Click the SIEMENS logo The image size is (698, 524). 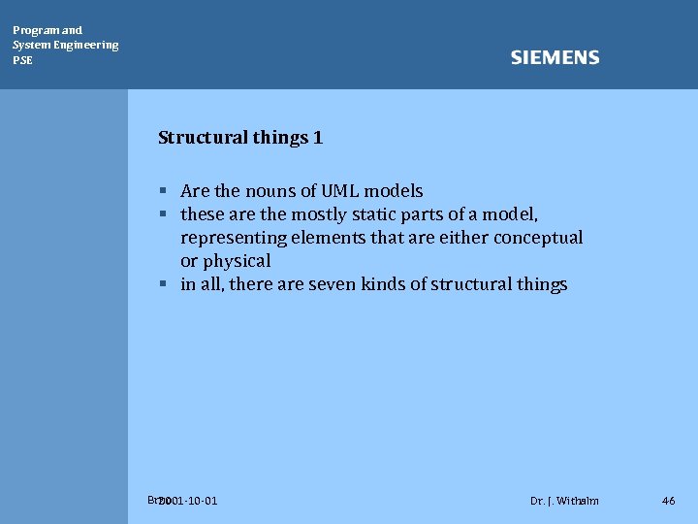(x=555, y=58)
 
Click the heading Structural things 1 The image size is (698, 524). (x=240, y=138)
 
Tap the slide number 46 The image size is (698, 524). (x=668, y=501)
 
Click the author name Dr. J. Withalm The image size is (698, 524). (x=564, y=501)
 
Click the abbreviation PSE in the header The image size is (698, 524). (x=22, y=60)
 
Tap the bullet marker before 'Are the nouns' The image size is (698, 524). (x=165, y=191)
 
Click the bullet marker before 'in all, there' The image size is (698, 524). (x=165, y=284)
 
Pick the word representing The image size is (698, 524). (x=234, y=238)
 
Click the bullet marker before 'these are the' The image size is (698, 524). (x=165, y=214)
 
